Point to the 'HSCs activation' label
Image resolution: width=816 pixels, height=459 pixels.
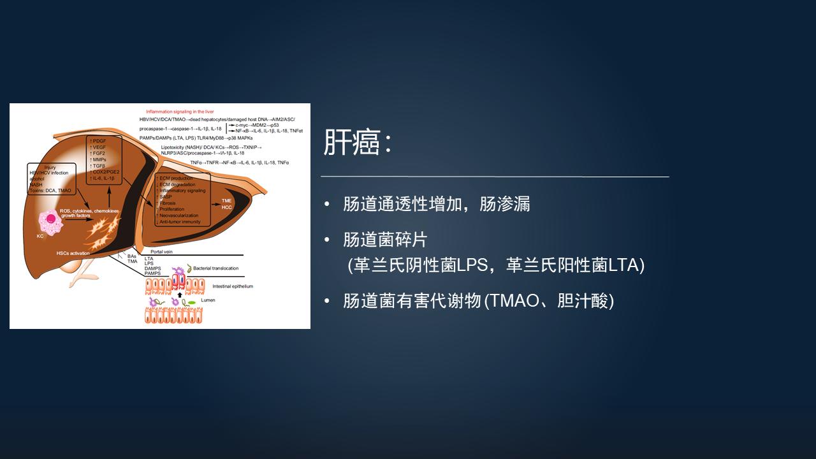tap(73, 253)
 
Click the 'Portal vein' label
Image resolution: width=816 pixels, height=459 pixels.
tap(162, 251)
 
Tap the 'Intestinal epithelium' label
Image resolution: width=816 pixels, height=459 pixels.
tap(233, 286)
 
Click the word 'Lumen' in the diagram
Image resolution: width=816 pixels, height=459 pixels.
tap(208, 299)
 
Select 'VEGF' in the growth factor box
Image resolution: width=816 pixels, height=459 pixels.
tap(99, 147)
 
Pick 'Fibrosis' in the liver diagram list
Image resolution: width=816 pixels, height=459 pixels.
tap(168, 203)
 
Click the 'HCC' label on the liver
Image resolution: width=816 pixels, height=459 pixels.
tap(226, 207)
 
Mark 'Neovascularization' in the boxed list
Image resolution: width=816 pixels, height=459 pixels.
tap(178, 215)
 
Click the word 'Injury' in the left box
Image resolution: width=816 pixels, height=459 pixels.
tap(50, 167)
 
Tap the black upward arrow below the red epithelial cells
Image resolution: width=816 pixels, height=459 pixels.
tap(180, 295)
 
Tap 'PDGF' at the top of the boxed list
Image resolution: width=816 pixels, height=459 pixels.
tap(99, 140)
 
